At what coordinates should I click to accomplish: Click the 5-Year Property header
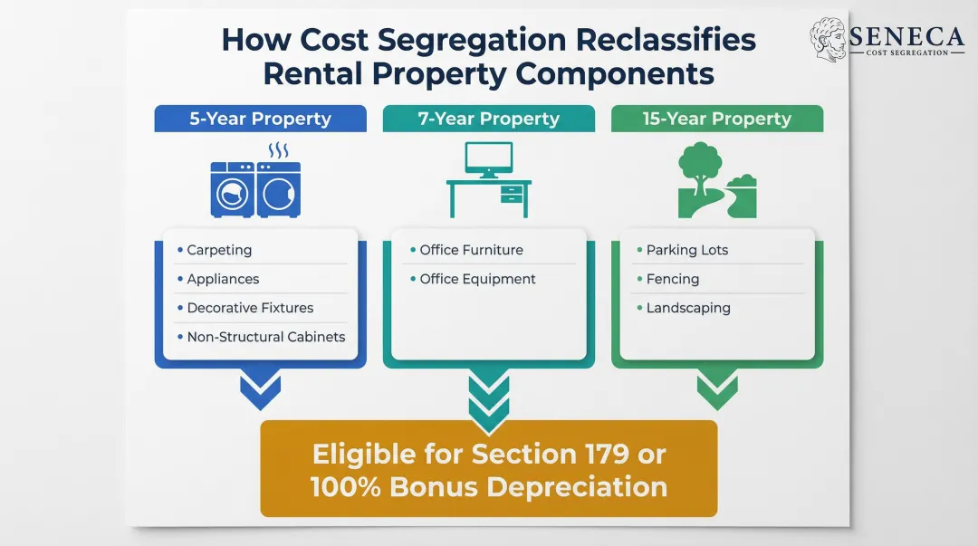(x=260, y=119)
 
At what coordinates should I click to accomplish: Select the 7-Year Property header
(x=488, y=119)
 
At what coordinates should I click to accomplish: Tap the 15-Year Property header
(x=716, y=119)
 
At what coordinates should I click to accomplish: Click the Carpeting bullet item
(x=219, y=250)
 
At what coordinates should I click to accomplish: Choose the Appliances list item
(x=223, y=279)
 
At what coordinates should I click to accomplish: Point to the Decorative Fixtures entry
(x=250, y=308)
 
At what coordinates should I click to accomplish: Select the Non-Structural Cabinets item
(x=265, y=337)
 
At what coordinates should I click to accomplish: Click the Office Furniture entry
(x=471, y=250)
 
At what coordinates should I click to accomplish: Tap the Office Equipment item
(x=477, y=279)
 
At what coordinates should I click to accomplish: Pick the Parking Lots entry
(x=686, y=250)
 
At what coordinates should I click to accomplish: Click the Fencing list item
(x=672, y=279)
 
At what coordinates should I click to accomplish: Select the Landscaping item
(x=687, y=308)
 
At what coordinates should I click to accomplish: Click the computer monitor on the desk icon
(x=488, y=158)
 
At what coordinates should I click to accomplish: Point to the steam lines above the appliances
(x=279, y=149)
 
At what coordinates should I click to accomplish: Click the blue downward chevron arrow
(x=260, y=390)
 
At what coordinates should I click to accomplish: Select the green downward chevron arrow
(x=716, y=390)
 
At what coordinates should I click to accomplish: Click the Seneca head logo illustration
(x=828, y=40)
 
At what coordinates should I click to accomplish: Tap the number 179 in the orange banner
(x=607, y=453)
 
